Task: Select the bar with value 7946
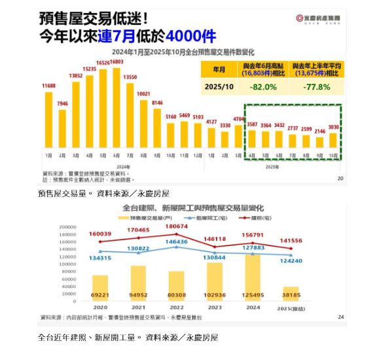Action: pos(62,128)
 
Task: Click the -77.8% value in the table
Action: pos(317,87)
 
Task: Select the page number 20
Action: pos(340,178)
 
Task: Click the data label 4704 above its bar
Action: pos(239,120)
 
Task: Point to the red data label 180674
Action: pos(176,226)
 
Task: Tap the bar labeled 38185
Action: pos(290,294)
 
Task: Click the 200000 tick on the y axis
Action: pos(67,227)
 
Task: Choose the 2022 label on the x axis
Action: pos(176,306)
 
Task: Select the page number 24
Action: pos(340,317)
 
